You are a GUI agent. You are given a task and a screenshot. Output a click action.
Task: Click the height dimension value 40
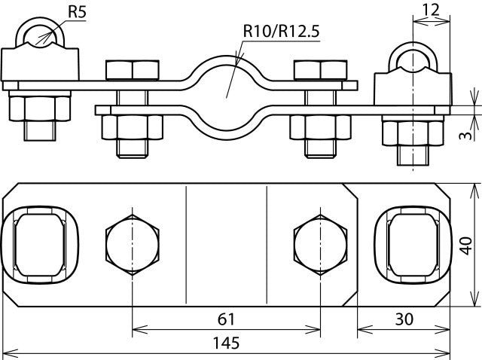point(466,246)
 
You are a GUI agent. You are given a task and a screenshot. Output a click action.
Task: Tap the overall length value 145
point(224,343)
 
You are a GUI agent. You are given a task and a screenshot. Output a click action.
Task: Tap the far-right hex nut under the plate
point(411,131)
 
